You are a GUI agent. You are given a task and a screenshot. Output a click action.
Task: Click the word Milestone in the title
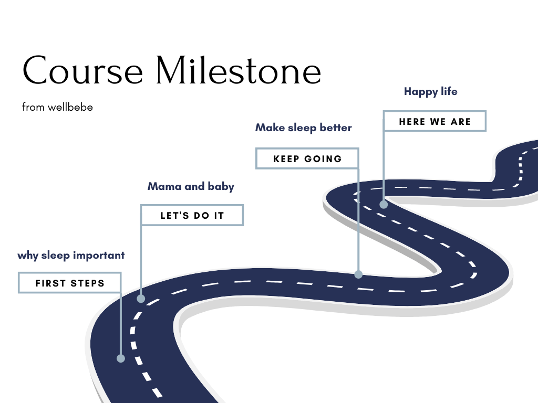[238, 71]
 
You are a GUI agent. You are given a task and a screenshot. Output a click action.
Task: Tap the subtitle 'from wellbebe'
[57, 108]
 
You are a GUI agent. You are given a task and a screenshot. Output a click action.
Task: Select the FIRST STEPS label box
[70, 283]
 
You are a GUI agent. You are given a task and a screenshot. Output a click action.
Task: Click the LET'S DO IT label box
[192, 216]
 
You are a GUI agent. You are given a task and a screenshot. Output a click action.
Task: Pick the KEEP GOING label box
[307, 158]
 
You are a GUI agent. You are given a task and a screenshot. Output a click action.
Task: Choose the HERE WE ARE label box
[434, 121]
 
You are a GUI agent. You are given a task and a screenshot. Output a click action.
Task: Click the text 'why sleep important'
[71, 256]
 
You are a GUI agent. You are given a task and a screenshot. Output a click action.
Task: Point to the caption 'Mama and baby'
[191, 186]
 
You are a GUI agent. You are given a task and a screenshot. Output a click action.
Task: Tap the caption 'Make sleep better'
[303, 128]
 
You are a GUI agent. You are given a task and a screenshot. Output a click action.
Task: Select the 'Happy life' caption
[430, 91]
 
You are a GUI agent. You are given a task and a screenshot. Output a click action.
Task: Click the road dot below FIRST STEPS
[121, 358]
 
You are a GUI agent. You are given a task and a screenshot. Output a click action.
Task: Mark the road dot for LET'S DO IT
[141, 299]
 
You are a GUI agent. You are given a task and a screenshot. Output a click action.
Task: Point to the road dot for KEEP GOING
[358, 274]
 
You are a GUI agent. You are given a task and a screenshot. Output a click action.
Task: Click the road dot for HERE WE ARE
[384, 204]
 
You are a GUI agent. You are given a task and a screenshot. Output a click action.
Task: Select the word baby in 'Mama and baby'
[222, 186]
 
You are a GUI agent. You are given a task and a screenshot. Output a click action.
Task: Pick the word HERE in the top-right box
[412, 121]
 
